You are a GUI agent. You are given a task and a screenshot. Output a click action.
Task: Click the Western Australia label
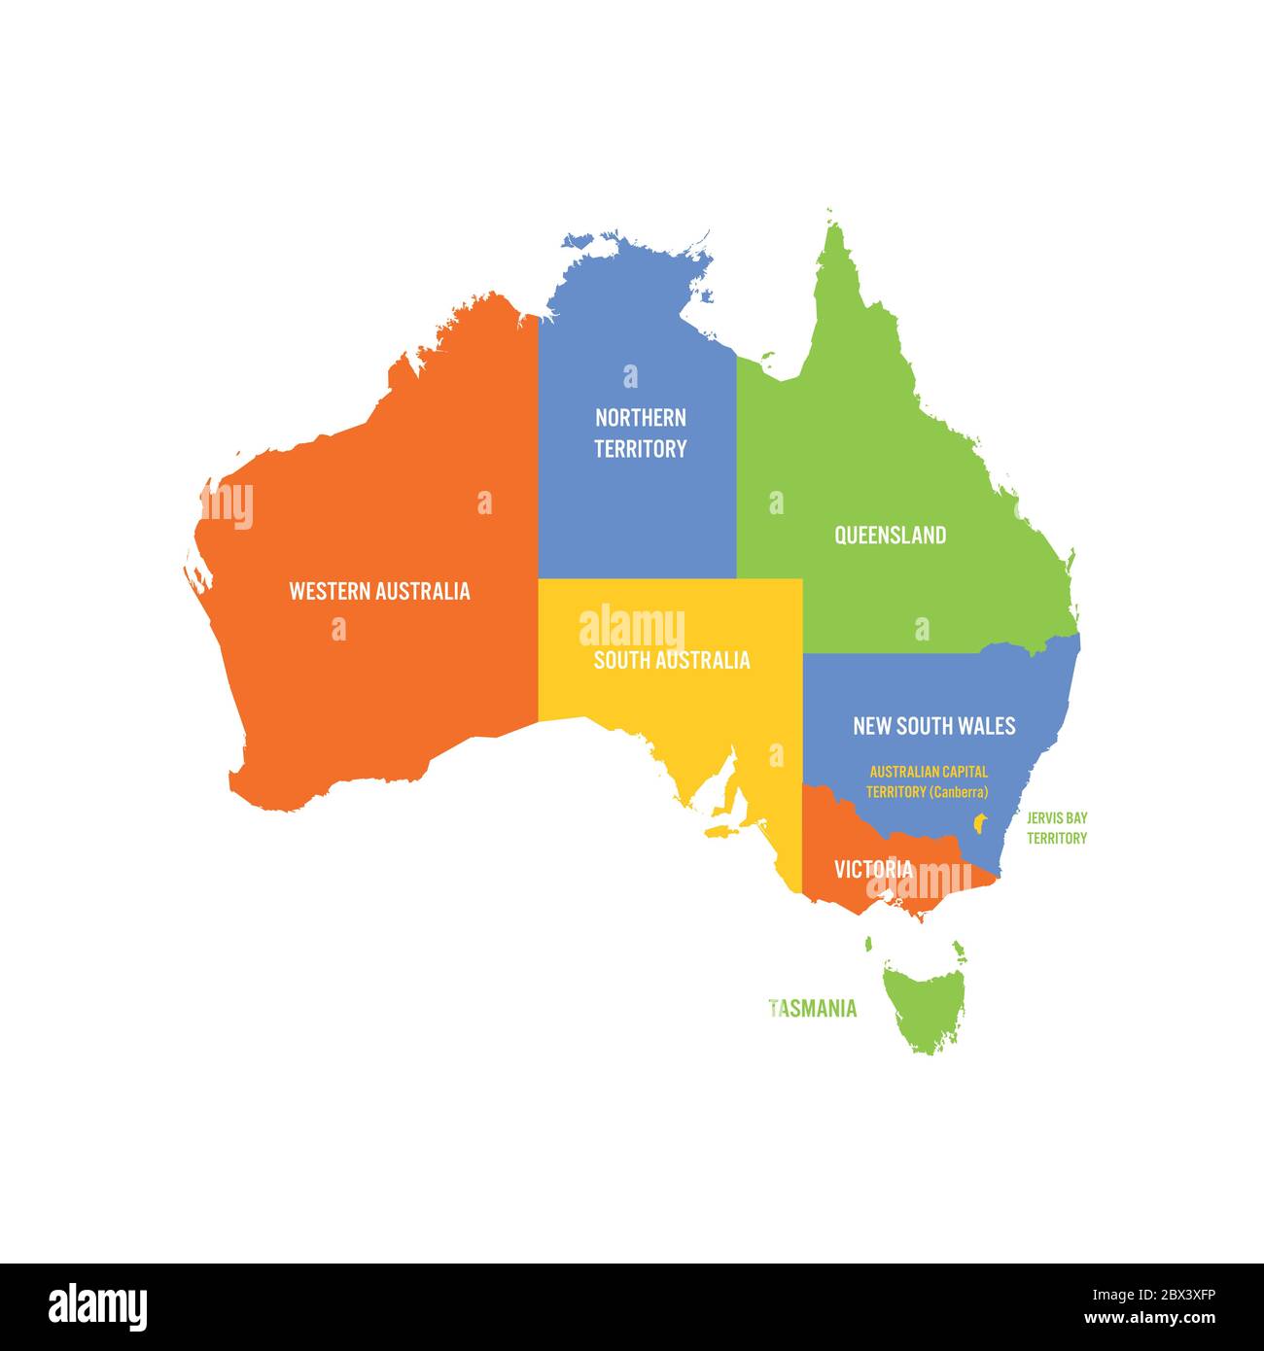click(379, 591)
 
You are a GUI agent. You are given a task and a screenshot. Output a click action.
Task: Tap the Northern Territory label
click(640, 433)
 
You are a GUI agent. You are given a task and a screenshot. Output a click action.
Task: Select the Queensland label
click(890, 536)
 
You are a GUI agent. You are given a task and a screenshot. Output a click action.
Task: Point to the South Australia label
click(672, 661)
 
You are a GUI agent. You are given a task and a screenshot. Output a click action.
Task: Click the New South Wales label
click(933, 726)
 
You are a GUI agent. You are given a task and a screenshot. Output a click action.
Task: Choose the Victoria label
click(873, 869)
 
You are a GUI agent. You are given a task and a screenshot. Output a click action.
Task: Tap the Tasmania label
click(813, 1009)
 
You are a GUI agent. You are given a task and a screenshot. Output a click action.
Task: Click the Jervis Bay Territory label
click(1057, 828)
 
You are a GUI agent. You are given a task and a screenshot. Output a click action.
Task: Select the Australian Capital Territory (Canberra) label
click(928, 781)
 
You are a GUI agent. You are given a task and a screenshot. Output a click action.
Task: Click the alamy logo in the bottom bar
click(97, 1306)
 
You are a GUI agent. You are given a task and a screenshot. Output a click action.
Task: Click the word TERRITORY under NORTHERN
click(640, 449)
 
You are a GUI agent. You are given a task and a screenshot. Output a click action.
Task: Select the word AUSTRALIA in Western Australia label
click(423, 591)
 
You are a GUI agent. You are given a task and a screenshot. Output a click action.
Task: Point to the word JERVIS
click(1044, 818)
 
